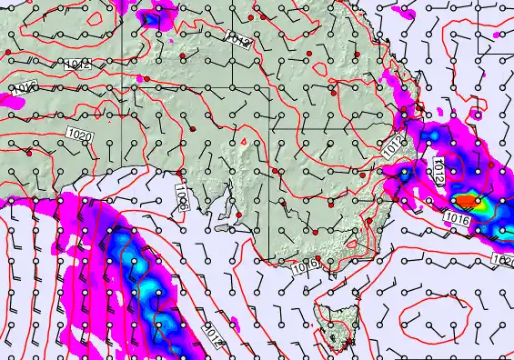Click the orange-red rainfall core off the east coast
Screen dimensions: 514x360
pyautogui.click(x=465, y=199)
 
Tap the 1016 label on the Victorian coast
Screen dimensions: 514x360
pyautogui.click(x=306, y=265)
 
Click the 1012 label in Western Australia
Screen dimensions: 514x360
pyautogui.click(x=77, y=65)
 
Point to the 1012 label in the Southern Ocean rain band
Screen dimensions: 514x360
pyautogui.click(x=210, y=335)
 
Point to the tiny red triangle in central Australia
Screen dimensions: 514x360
pyautogui.click(x=243, y=140)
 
